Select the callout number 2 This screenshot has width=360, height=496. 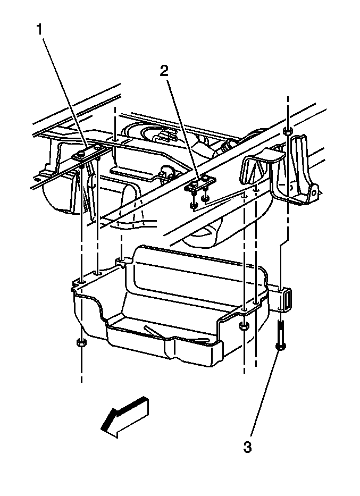click(x=164, y=71)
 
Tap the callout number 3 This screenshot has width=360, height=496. click(x=247, y=448)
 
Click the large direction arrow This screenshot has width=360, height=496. click(x=125, y=417)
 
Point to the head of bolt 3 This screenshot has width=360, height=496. click(x=280, y=347)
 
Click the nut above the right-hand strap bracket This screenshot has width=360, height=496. click(x=288, y=131)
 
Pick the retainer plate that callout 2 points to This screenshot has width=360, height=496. click(x=200, y=183)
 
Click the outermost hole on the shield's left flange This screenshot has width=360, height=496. click(x=82, y=281)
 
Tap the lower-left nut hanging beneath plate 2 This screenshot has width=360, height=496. click(x=192, y=206)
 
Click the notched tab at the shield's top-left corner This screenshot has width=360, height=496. click(x=121, y=261)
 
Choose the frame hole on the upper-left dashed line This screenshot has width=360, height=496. click(x=115, y=139)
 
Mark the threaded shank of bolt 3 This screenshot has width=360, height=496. click(x=280, y=332)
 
